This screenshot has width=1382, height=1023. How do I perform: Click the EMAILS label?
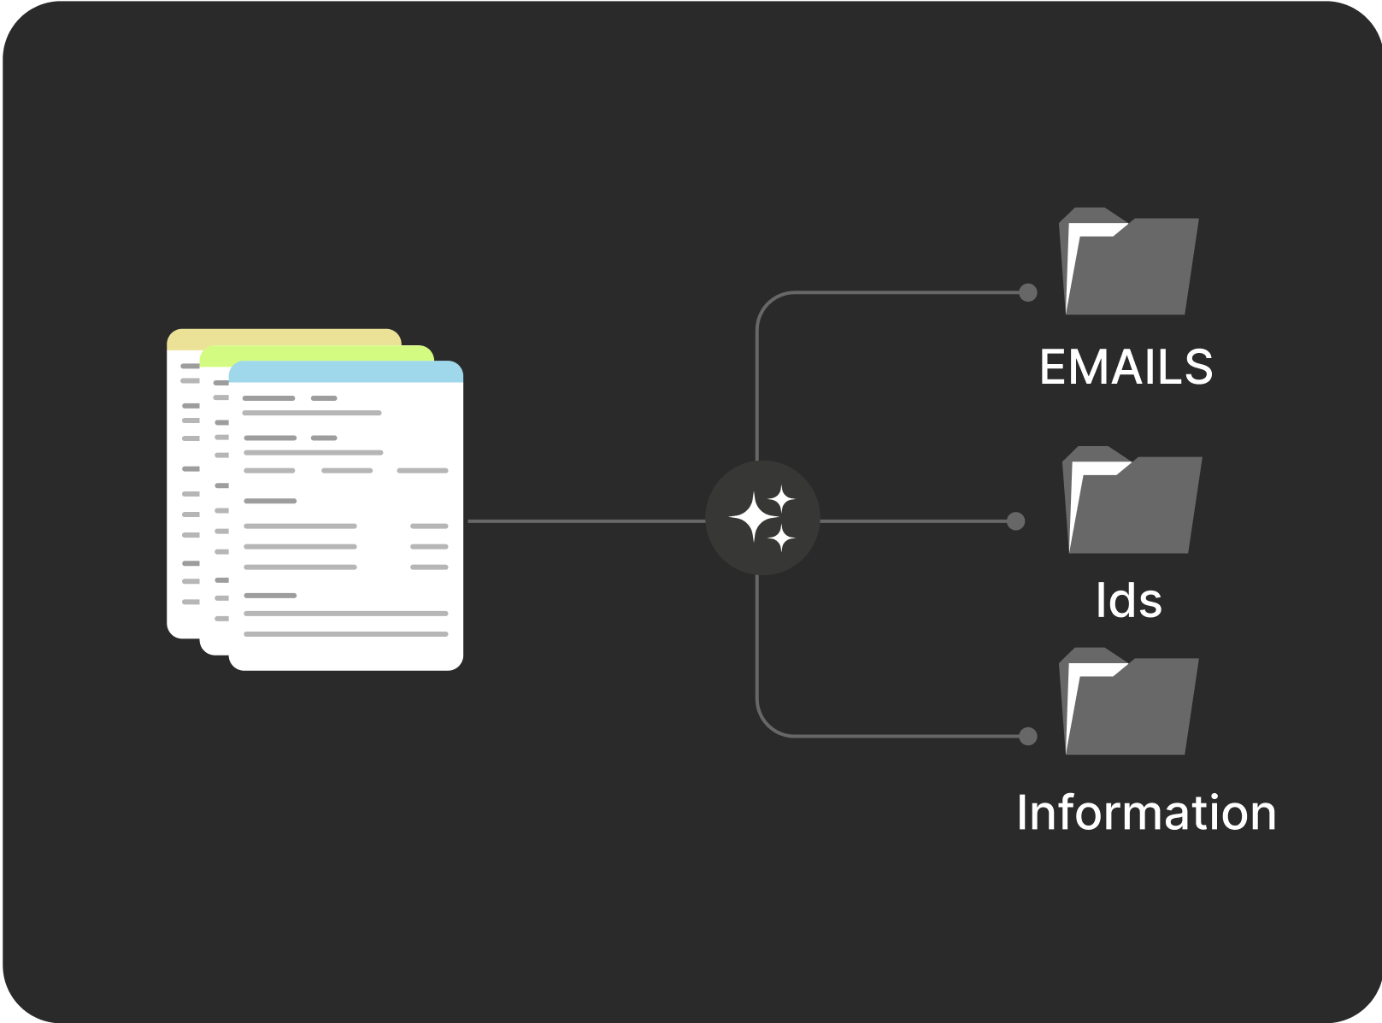1126,367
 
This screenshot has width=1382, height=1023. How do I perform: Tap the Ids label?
1128,600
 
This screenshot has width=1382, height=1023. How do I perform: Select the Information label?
1146,813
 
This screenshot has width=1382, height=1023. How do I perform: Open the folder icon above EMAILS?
1128,261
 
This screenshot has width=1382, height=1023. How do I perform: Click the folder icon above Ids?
1132,500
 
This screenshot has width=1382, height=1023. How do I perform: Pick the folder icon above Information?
1128,701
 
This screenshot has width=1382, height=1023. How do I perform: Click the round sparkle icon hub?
762,518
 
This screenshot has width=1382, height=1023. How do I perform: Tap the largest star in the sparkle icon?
754,517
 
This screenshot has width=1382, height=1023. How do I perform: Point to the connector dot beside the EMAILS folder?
1028,292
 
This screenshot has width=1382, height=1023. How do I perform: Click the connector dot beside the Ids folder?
1015,520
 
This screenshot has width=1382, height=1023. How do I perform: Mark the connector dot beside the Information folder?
1028,737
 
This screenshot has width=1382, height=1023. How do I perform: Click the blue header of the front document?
346,371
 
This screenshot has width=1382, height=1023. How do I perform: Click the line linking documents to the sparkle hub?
586,520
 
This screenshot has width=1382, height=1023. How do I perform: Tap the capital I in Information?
1022,813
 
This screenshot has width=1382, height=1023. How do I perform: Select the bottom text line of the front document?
346,634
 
